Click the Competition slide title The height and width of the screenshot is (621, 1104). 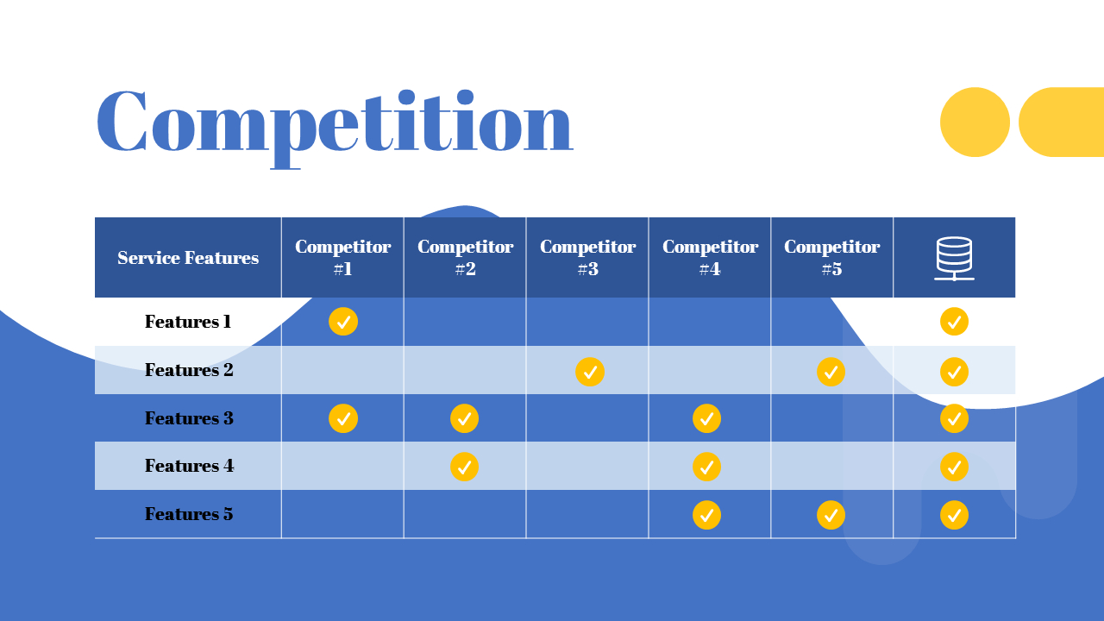click(334, 122)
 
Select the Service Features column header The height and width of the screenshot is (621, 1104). click(188, 258)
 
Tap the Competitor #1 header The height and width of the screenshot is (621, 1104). click(342, 258)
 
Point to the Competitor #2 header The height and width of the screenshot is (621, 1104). click(465, 258)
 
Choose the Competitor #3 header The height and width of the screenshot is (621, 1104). click(587, 258)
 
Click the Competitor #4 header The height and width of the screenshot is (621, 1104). click(710, 258)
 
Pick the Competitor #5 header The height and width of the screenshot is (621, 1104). click(831, 258)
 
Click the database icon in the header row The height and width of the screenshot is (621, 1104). click(954, 258)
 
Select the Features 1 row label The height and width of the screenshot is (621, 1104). click(188, 322)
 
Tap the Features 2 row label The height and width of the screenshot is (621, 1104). click(189, 370)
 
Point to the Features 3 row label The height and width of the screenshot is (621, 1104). click(189, 418)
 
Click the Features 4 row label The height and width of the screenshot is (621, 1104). click(189, 466)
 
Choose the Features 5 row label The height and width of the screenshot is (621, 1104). click(189, 514)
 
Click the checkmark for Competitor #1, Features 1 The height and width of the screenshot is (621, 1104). click(343, 322)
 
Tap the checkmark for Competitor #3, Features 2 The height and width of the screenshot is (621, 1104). click(590, 372)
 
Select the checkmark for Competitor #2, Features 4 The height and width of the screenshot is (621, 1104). click(464, 467)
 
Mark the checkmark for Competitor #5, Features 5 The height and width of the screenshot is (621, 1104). click(831, 515)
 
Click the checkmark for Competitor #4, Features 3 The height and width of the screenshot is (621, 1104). click(706, 418)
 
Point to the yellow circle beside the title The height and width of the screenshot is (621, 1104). click(975, 122)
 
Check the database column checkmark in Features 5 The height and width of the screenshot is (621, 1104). click(954, 515)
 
